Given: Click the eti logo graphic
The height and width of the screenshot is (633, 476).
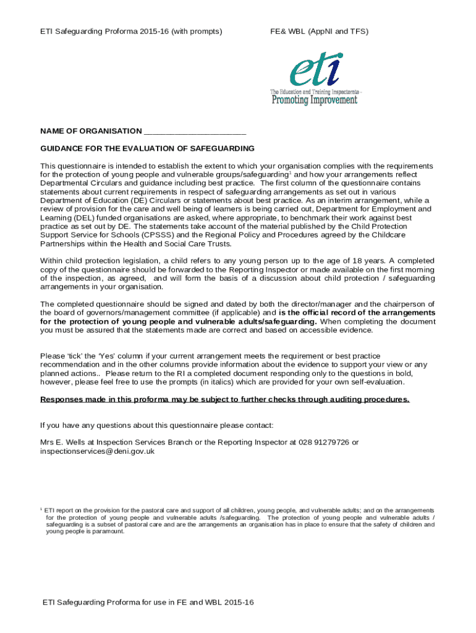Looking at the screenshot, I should point(316,69).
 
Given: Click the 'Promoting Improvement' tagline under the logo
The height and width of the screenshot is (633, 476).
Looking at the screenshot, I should point(315,100).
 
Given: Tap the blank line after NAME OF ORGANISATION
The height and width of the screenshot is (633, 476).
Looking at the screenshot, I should point(195,132).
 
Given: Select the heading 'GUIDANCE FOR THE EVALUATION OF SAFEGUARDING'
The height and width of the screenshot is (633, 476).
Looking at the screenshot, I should point(148,148).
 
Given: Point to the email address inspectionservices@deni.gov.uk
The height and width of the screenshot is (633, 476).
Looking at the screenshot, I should point(98,451).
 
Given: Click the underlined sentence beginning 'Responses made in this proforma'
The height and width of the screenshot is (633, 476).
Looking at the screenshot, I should point(224,399).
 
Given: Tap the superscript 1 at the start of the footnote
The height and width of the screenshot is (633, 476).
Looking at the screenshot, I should point(41,509).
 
